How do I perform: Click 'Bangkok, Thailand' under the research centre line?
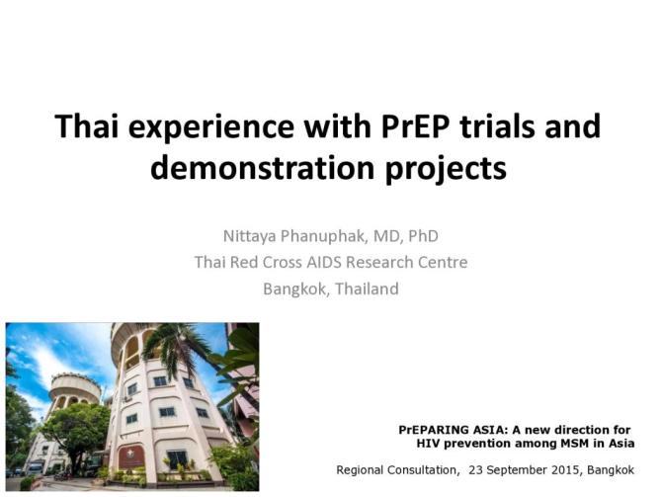point(331,289)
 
